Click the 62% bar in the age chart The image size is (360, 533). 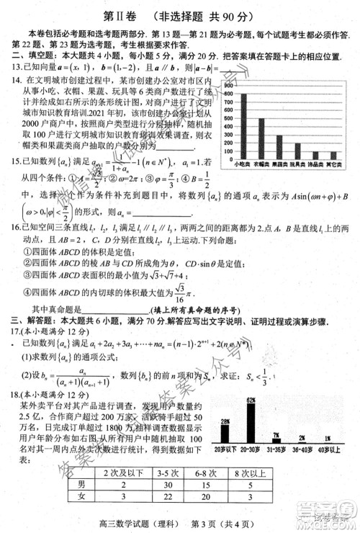tap(251, 425)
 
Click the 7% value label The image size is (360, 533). tap(276, 435)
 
